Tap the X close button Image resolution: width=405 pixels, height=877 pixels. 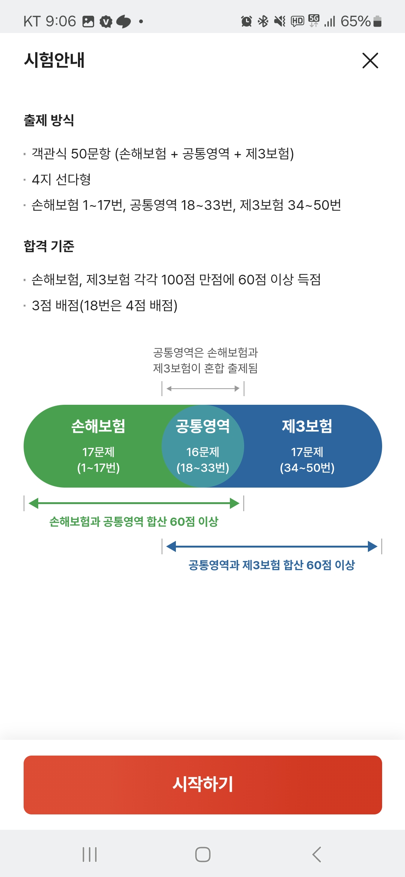coord(370,60)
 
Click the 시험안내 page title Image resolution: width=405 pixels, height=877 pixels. coord(54,60)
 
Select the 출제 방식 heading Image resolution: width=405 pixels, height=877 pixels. coord(49,120)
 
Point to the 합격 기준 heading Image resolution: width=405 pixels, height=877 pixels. coord(49,246)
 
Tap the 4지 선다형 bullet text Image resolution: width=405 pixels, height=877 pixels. coord(61,180)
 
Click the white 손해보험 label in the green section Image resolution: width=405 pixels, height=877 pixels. coord(98,426)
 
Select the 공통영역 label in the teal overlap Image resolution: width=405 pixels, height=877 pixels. coord(203,426)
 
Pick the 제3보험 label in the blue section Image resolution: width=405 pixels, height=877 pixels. coord(307,426)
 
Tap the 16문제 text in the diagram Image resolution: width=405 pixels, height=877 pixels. coord(203,452)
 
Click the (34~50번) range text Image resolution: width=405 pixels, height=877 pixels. coord(307,468)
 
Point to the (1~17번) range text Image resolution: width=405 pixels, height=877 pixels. coord(98,468)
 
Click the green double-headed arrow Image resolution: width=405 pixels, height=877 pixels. coord(134,503)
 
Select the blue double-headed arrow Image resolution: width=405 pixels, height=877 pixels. coord(271,546)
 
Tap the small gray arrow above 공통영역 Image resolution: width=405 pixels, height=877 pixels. coord(203,389)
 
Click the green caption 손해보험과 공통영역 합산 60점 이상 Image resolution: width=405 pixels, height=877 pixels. coord(134,521)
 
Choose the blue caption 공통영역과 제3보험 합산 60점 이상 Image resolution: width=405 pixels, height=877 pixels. coord(271,565)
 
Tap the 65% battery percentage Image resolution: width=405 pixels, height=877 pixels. coord(355,21)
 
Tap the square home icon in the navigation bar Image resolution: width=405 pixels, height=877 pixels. coord(203,855)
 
